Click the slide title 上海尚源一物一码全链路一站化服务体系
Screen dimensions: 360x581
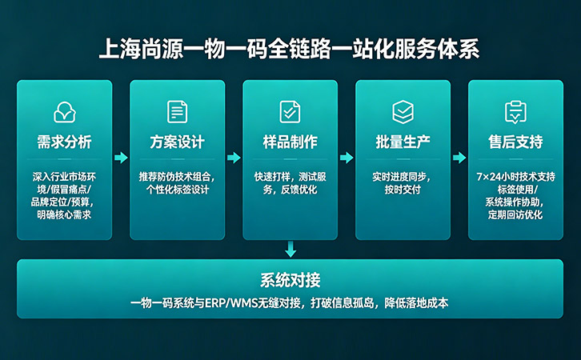tap(290, 48)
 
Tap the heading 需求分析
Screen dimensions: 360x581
tap(64, 142)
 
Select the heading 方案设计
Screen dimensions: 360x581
tap(177, 142)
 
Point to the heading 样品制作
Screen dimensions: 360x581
tap(290, 142)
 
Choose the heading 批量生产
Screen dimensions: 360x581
tap(403, 142)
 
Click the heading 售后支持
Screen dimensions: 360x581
tap(515, 142)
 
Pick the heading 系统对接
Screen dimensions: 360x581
tap(290, 280)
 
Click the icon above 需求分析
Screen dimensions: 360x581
tap(64, 112)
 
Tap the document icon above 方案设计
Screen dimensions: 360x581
tap(177, 111)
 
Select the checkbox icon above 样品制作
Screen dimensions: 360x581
tap(290, 111)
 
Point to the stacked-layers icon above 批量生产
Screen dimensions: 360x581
tap(403, 111)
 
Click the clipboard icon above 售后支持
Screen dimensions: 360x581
tap(515, 111)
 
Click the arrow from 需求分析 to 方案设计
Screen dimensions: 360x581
tap(121, 158)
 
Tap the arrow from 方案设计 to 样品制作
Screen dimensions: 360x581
tap(234, 158)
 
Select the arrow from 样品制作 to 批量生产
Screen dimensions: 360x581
tap(347, 158)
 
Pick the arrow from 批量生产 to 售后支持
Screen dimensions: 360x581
tap(459, 158)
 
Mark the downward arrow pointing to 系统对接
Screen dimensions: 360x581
tap(290, 250)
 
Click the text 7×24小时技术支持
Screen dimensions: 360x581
tap(515, 176)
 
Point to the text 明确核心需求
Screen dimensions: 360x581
tap(64, 214)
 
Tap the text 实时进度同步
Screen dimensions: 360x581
tap(403, 176)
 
